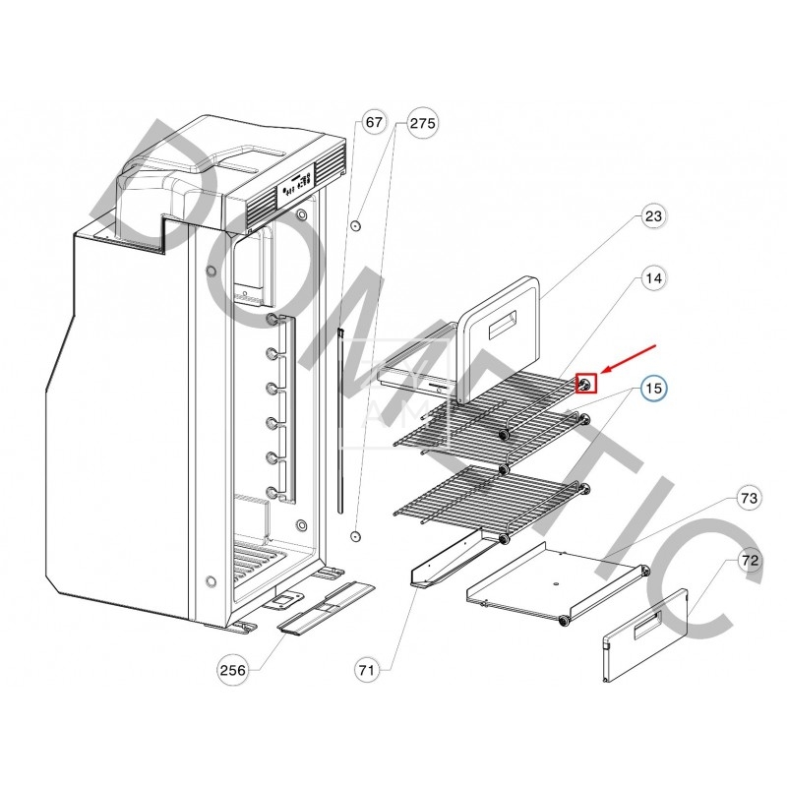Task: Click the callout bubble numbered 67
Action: tap(374, 123)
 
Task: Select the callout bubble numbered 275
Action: tap(422, 123)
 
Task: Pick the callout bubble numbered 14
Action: tap(653, 279)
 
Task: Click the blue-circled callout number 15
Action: tap(653, 389)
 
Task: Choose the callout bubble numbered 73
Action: tap(750, 499)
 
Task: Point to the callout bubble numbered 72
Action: tap(750, 562)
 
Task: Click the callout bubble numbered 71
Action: tap(367, 670)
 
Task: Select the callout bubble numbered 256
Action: tap(233, 670)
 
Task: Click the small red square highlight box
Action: tap(585, 384)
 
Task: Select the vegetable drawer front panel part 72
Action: tap(644, 635)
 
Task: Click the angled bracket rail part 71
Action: tap(448, 561)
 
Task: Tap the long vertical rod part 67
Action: tap(339, 423)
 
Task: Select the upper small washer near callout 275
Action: tap(356, 225)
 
